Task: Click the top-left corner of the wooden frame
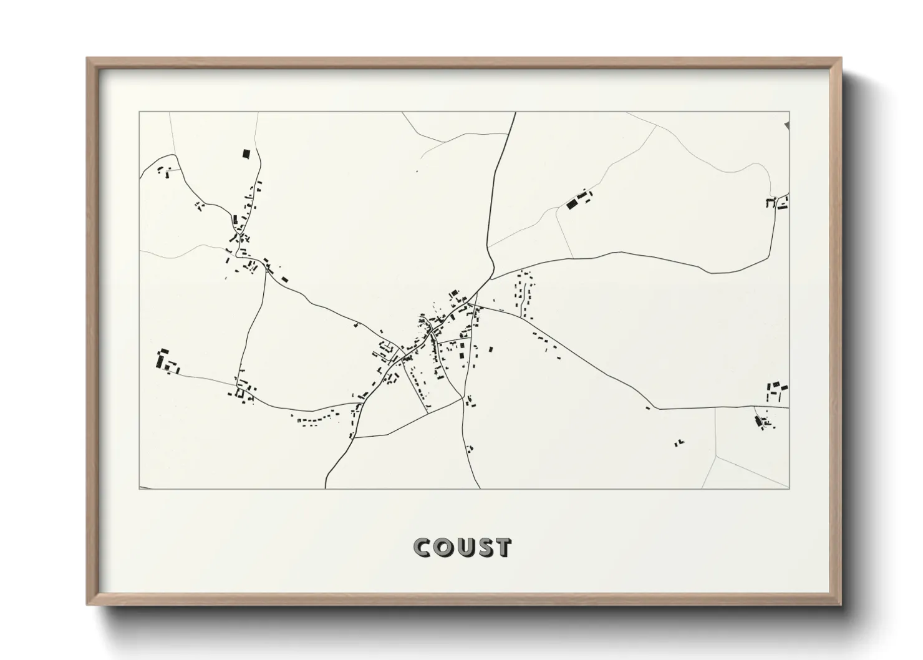click(x=88, y=59)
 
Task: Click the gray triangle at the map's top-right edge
click(x=787, y=125)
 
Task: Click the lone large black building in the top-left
click(x=246, y=153)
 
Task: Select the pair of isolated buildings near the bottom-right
click(x=678, y=442)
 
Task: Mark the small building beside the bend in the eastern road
click(x=648, y=407)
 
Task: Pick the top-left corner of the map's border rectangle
click(x=139, y=112)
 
